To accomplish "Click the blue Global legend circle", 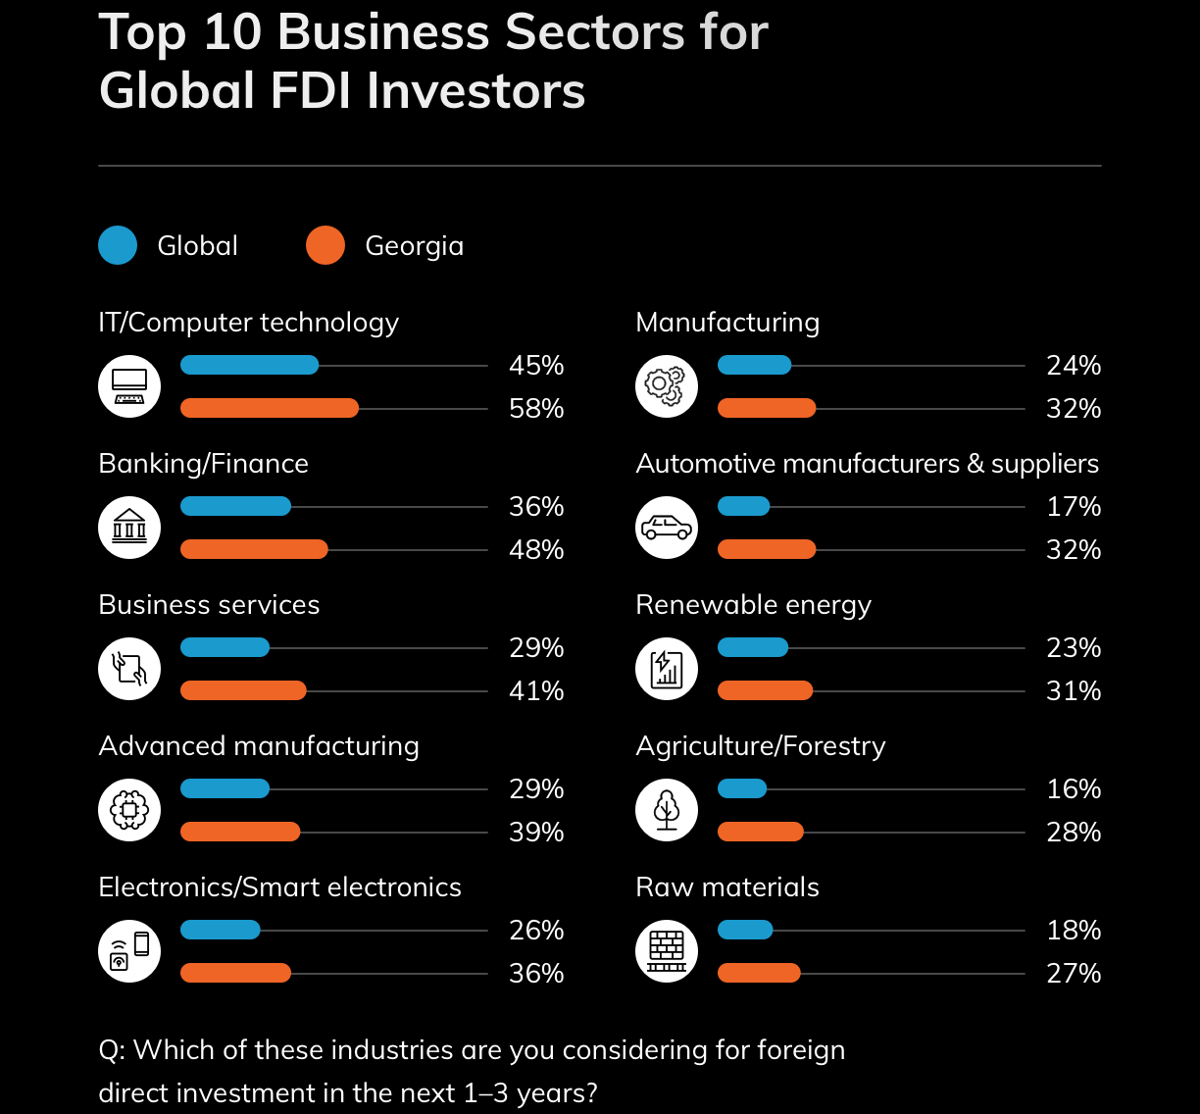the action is coord(118,245).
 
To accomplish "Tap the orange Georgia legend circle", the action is coord(325,245).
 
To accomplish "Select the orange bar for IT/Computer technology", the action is coord(270,408).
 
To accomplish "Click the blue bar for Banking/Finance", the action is coord(235,506).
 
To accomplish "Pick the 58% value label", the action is coord(536,409).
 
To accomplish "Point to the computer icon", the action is coord(129,386).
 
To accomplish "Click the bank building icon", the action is coord(129,528).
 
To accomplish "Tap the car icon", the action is coord(667,528).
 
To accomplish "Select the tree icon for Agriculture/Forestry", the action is coord(667,810).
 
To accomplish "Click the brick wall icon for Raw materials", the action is coord(667,951).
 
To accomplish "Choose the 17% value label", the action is coord(1074,507).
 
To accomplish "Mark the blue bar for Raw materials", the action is coord(745,930).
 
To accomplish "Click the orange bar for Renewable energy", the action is coord(765,690).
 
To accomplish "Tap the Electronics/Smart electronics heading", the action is coord(279,887).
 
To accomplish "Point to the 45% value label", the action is coord(536,366).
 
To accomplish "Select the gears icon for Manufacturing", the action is coord(667,386).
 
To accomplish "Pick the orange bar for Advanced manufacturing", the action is coord(240,832).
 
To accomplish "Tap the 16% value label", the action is coord(1074,788).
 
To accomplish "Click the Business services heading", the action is coord(209,605).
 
